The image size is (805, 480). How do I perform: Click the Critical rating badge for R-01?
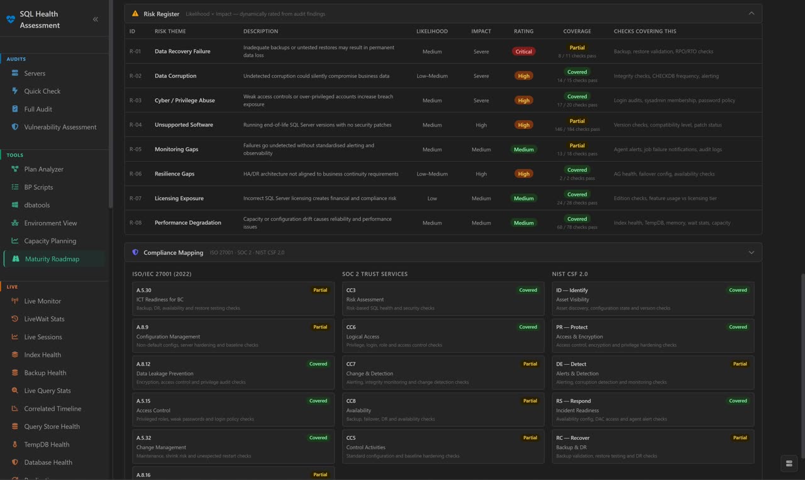(x=523, y=52)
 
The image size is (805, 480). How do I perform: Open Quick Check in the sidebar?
(x=42, y=91)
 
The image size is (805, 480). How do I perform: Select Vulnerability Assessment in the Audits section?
(x=60, y=127)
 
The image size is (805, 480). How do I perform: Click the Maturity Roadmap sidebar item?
(x=52, y=259)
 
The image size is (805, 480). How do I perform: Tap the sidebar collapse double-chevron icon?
(x=96, y=20)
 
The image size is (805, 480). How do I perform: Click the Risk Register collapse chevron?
(x=751, y=13)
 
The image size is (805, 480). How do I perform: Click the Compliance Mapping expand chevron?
(x=751, y=252)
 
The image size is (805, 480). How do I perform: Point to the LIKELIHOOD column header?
(x=432, y=31)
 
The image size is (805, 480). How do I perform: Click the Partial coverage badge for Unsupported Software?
(x=577, y=121)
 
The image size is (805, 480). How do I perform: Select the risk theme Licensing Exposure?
(x=179, y=198)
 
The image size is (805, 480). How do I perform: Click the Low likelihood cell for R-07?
(x=432, y=198)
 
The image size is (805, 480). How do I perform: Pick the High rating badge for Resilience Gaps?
(x=523, y=174)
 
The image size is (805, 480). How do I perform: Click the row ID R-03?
(x=135, y=101)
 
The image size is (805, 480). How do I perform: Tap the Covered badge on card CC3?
(x=528, y=290)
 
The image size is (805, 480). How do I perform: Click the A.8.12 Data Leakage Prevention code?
(x=143, y=364)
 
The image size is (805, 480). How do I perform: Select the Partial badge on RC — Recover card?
(x=740, y=438)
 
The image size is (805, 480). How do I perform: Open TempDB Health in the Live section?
(x=47, y=444)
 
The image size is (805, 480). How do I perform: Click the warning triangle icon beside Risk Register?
(x=135, y=14)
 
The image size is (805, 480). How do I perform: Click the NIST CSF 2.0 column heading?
(x=570, y=274)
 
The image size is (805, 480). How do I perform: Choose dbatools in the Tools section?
(x=37, y=205)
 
